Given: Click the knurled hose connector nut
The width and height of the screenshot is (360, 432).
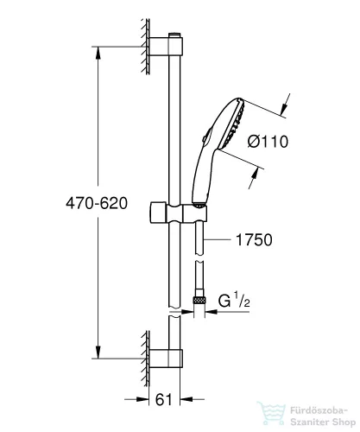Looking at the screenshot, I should coord(200,298).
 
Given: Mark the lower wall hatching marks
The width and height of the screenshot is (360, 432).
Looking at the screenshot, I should coord(140,355).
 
